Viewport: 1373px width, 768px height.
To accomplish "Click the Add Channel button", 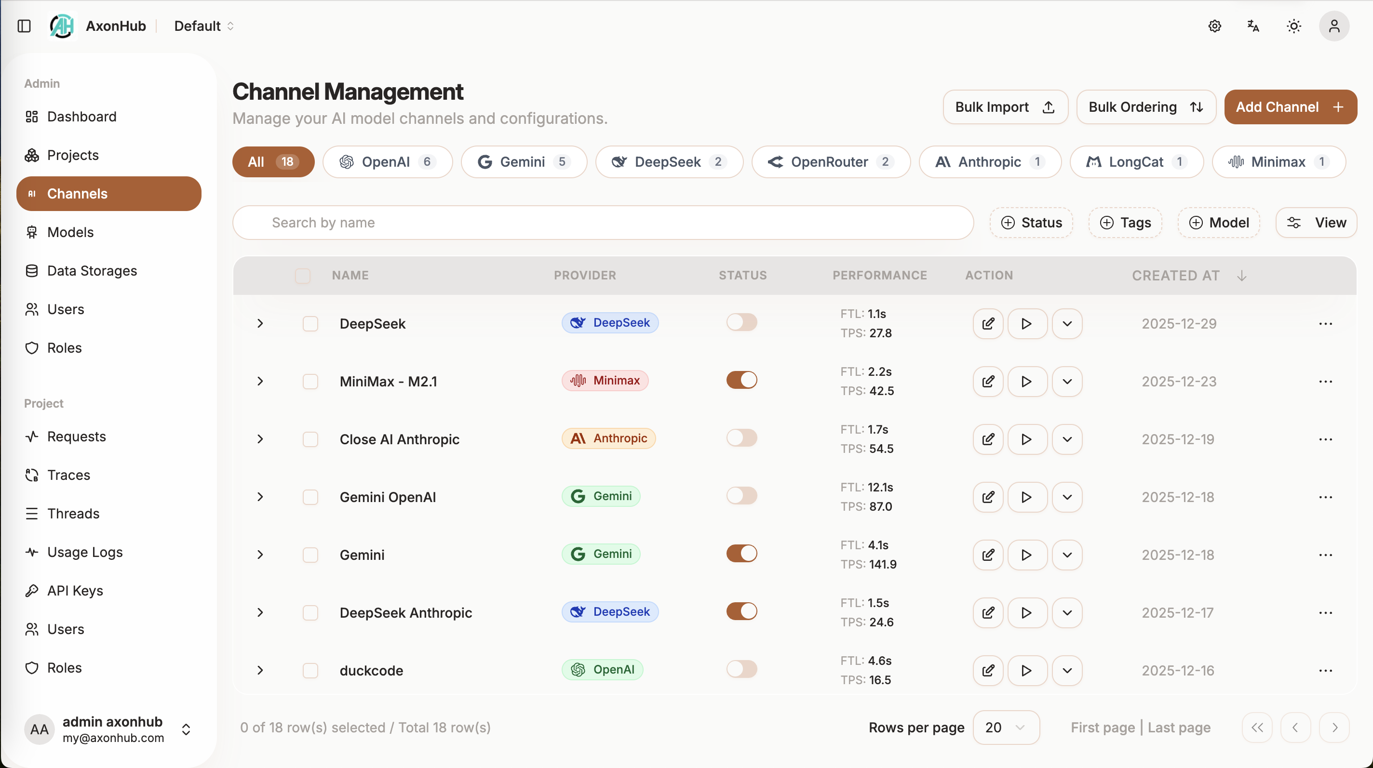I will point(1290,107).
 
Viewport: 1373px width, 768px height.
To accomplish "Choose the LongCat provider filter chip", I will point(1136,162).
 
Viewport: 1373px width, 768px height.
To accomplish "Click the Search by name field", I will point(602,223).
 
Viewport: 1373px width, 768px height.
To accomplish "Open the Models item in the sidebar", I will point(70,232).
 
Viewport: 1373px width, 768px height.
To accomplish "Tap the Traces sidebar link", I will point(69,475).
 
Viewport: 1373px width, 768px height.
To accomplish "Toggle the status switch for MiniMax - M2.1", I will point(741,380).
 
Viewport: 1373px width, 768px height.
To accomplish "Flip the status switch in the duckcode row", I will point(741,669).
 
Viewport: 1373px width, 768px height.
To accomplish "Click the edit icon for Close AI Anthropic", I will point(988,439).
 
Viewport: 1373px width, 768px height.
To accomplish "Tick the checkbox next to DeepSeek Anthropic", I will point(310,613).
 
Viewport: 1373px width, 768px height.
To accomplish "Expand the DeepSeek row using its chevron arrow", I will point(260,323).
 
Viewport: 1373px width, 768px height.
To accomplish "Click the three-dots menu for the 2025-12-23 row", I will point(1325,381).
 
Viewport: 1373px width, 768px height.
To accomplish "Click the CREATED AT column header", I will point(1176,275).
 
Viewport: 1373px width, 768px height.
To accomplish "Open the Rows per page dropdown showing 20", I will point(1005,728).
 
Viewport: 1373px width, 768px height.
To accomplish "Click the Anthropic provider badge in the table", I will point(609,438).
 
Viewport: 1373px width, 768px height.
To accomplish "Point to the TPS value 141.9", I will point(883,564).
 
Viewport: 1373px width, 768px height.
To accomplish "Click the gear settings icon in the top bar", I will point(1215,26).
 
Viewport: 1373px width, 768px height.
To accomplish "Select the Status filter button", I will point(1031,223).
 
